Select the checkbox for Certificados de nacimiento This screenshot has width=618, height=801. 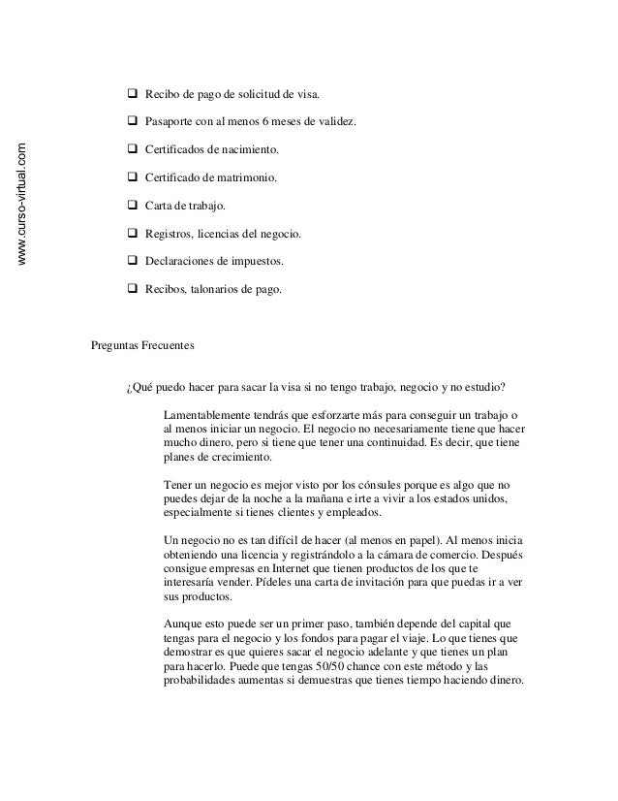pyautogui.click(x=132, y=151)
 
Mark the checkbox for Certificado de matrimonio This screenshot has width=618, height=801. pyautogui.click(x=132, y=179)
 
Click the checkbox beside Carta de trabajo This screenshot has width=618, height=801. pyautogui.click(x=132, y=207)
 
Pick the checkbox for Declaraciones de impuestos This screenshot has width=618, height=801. pyautogui.click(x=132, y=261)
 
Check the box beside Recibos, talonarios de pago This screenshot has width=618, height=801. pyautogui.click(x=132, y=288)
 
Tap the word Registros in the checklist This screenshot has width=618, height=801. pyautogui.click(x=169, y=235)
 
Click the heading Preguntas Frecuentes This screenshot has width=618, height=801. pyautogui.click(x=142, y=344)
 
